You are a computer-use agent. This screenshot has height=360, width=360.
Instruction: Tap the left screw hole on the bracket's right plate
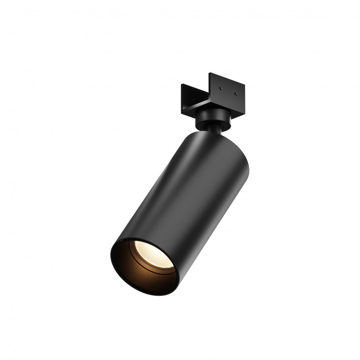coord(220,88)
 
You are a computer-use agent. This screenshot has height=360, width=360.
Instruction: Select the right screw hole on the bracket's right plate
coord(236,94)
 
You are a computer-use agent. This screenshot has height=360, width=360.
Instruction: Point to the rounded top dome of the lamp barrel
coord(217,140)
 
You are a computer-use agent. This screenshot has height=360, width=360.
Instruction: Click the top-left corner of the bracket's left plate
coord(182,85)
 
